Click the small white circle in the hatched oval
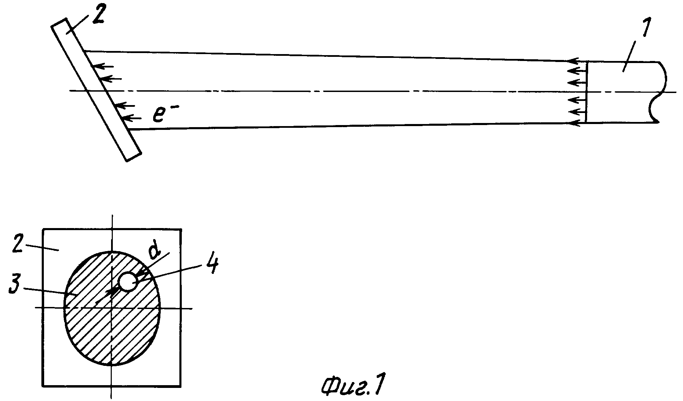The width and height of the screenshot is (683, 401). click(128, 282)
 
